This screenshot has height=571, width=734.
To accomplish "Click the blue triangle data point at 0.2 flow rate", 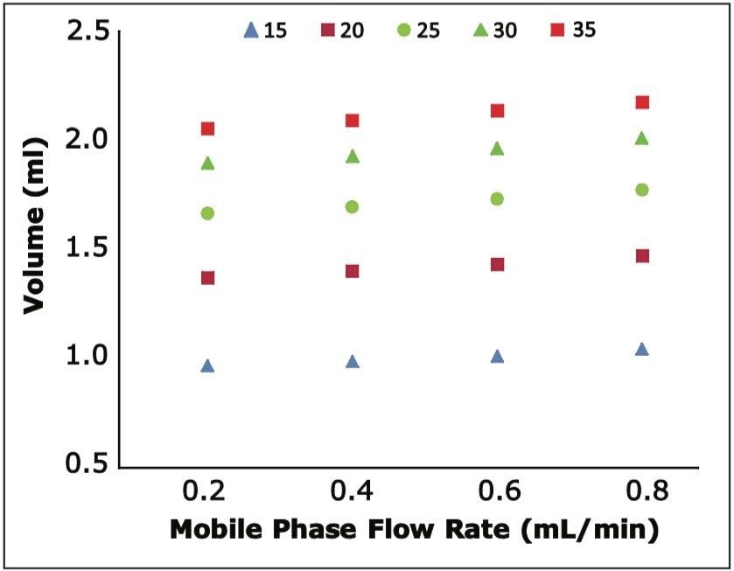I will point(207,366).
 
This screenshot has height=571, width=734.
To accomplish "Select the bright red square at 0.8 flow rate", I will point(642,102).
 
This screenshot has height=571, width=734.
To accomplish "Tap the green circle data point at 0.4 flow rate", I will point(353,206).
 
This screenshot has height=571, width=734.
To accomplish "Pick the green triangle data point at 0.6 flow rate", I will point(497,149).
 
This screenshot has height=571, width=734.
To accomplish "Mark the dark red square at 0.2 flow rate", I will point(207,278).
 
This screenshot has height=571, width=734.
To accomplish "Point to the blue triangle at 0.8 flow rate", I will point(642,349).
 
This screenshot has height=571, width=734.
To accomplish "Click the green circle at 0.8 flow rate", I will point(642,190).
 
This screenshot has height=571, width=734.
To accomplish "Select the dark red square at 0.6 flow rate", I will point(497,264).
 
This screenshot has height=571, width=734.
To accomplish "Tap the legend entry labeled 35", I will point(573,31).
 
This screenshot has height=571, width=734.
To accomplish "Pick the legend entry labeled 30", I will point(495,31).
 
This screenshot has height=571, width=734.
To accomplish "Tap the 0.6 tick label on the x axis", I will point(497,493).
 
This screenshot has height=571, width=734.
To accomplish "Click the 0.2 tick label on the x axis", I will point(207,493).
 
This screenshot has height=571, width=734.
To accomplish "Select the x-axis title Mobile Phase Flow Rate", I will point(412,530).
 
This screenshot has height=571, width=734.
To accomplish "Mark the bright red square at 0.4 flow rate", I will point(353,120).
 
